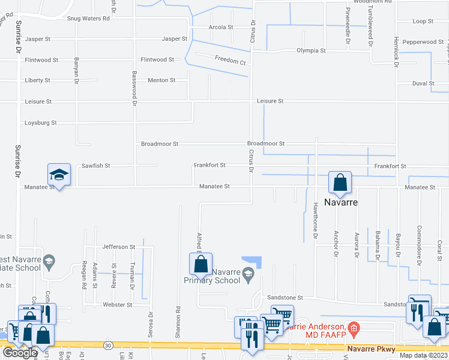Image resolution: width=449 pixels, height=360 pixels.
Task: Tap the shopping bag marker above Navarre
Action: [340, 182]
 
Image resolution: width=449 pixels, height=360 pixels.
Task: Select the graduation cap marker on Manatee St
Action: [59, 174]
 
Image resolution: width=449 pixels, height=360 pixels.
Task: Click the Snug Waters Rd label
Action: [88, 18]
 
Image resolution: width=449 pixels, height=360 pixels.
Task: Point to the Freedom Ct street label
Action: [230, 62]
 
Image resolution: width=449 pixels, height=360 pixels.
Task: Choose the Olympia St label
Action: [311, 51]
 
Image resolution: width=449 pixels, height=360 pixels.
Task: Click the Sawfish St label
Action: [97, 165]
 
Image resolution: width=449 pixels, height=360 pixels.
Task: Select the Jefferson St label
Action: [119, 247]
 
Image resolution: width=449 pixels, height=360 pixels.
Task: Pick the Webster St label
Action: [118, 305]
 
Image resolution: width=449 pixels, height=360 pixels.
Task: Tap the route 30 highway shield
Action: [108, 346]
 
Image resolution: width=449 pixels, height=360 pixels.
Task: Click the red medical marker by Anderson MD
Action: [354, 328]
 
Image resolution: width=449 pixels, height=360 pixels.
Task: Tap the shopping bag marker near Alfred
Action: [200, 263]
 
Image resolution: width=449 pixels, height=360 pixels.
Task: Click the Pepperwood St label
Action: [423, 42]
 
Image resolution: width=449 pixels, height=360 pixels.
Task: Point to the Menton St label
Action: [161, 80]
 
